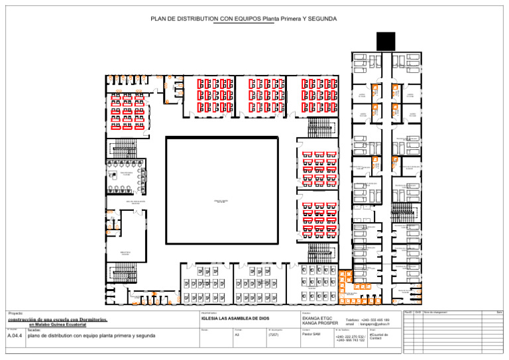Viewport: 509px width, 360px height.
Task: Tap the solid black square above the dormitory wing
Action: pos(385,42)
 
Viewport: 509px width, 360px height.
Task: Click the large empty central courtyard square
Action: pos(221,190)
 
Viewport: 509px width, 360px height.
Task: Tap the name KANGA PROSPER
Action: pos(318,324)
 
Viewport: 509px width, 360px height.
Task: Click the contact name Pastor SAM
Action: pos(311,335)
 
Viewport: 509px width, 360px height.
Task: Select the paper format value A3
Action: pos(237,335)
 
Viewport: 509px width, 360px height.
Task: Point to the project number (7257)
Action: pos(274,335)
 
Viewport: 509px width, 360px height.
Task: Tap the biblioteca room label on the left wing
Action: pos(125,253)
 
